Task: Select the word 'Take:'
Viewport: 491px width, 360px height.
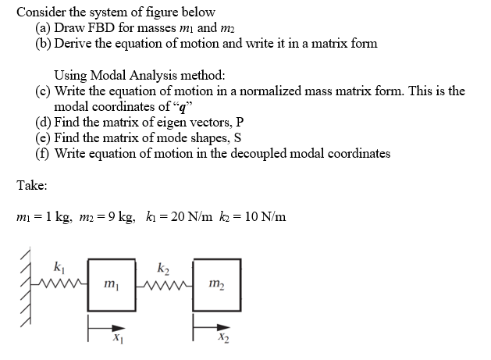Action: click(31, 186)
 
